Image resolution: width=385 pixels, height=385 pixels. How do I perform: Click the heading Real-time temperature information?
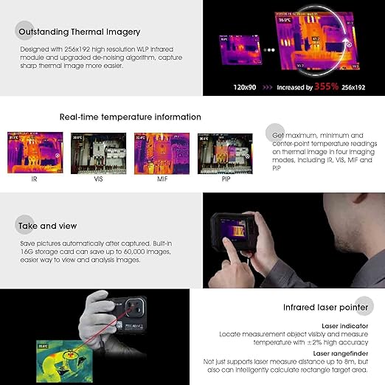coord(130,117)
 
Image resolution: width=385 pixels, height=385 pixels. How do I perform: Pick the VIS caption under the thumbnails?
coord(97,179)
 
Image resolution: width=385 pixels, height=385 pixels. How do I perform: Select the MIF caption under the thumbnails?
coord(162,179)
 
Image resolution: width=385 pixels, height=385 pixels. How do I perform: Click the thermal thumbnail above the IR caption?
coord(35,153)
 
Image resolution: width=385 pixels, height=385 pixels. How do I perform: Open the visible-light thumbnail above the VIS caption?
coord(98,153)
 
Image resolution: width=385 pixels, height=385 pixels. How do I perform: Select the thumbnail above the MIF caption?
coord(162,153)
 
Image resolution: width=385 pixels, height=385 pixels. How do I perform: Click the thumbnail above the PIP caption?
coord(224,153)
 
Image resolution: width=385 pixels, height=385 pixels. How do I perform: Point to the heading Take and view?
coord(49,225)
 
